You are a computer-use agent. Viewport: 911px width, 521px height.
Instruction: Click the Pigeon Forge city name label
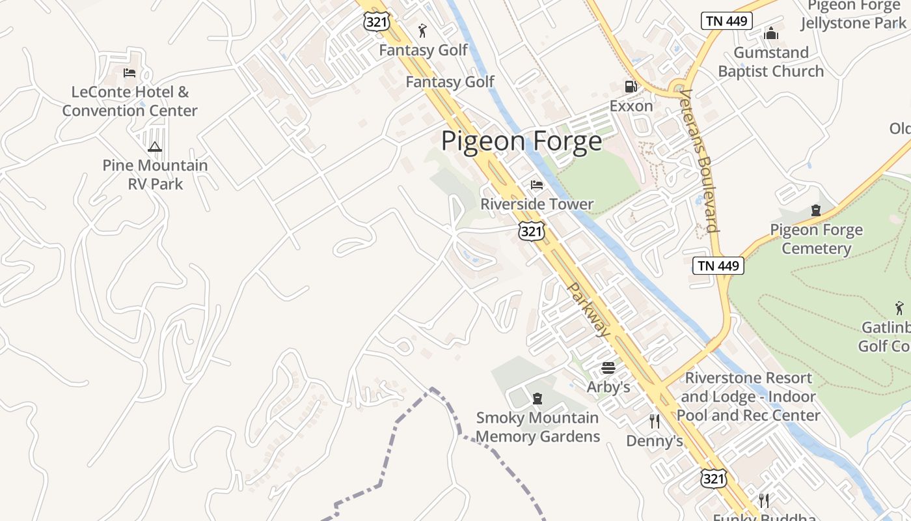522,141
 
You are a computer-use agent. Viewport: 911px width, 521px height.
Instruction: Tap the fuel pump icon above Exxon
630,86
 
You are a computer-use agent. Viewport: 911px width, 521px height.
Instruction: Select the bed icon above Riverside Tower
537,186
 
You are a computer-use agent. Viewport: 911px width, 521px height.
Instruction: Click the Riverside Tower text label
537,204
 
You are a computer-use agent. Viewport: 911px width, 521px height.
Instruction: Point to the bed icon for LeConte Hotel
129,72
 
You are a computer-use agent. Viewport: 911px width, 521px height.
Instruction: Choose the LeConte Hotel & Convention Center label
129,102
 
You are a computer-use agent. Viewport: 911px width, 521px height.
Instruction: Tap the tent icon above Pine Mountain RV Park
154,147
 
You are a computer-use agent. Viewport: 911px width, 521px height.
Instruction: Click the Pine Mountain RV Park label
155,175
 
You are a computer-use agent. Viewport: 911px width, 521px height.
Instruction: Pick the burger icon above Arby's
608,368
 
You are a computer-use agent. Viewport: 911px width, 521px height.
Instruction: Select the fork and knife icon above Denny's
655,421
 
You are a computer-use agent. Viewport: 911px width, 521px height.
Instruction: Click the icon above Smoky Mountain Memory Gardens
537,398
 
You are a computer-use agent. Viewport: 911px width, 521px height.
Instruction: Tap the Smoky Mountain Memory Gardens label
537,427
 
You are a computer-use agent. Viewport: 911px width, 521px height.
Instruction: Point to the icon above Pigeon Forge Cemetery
816,210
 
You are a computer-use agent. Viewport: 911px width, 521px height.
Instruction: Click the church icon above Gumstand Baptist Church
771,33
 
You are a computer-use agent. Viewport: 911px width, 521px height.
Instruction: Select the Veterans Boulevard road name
700,160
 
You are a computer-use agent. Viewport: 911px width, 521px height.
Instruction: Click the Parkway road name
589,310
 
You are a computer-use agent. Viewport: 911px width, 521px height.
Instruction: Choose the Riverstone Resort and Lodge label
748,397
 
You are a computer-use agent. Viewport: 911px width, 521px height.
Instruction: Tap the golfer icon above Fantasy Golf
423,31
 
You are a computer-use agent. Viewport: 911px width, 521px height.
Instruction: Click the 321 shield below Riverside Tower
532,231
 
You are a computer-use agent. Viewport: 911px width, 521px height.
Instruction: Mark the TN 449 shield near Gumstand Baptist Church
727,21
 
